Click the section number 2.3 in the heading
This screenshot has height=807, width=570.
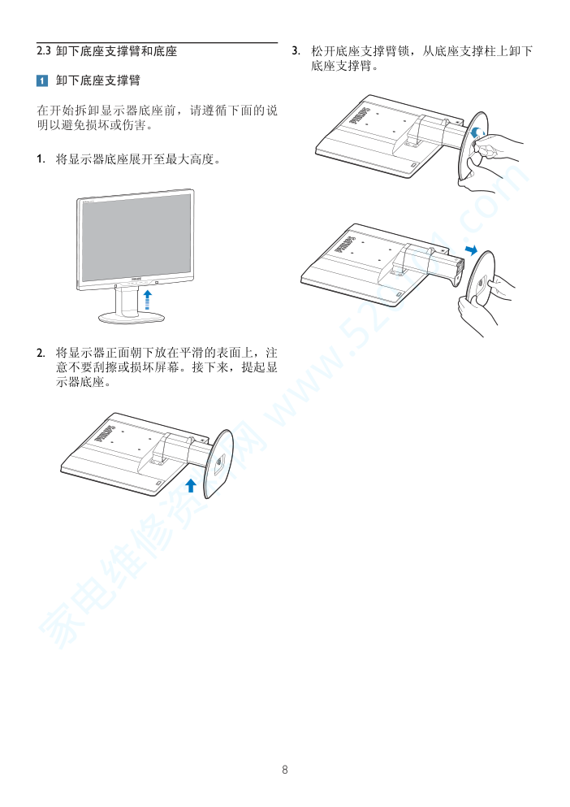(x=44, y=51)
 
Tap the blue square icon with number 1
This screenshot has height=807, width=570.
(x=42, y=80)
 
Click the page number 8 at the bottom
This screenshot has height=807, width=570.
(x=285, y=770)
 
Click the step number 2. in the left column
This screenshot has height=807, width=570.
(x=41, y=353)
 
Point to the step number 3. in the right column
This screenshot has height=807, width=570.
(x=296, y=51)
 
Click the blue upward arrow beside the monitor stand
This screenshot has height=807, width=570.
(x=148, y=300)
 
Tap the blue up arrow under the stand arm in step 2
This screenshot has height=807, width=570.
(x=191, y=485)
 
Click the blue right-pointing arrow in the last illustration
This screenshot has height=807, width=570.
(x=471, y=250)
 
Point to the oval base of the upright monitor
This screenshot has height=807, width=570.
(x=132, y=318)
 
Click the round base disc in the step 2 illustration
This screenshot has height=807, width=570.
(x=218, y=464)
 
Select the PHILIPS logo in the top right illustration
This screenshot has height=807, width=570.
(x=361, y=115)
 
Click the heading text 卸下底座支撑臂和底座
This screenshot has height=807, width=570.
(x=117, y=51)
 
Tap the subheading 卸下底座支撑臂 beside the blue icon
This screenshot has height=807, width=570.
(x=98, y=80)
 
